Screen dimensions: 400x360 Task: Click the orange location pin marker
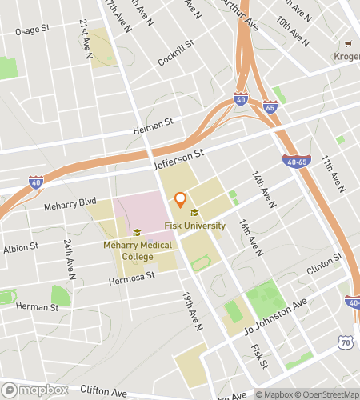(180, 199)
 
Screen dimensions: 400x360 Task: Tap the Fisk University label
(195, 226)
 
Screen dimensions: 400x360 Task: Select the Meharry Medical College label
(127, 250)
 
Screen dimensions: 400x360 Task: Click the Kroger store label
(346, 58)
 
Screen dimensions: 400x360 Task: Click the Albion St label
(20, 249)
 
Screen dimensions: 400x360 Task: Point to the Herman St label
(37, 306)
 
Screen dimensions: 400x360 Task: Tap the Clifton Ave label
(103, 393)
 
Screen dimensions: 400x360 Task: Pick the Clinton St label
(325, 264)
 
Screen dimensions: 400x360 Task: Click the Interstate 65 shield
(270, 106)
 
